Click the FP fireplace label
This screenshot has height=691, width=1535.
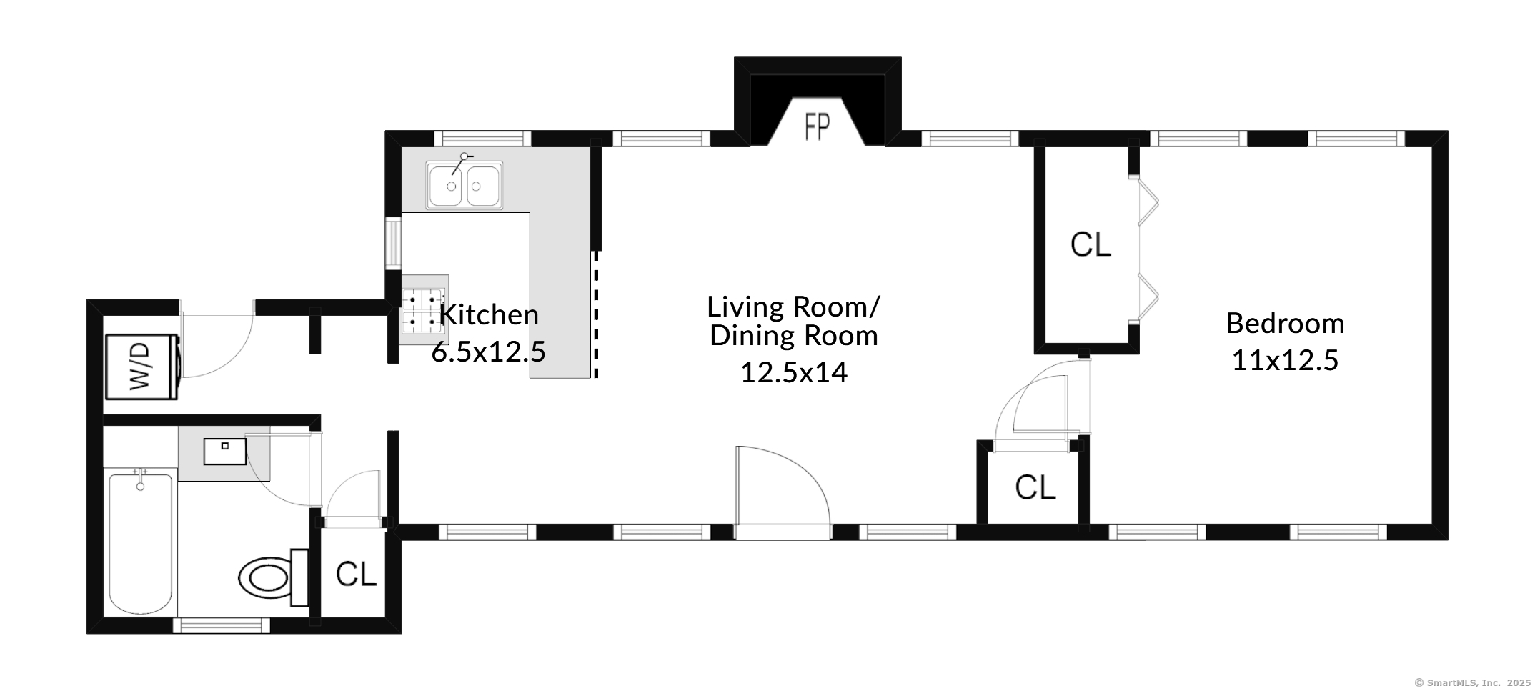[x=818, y=128]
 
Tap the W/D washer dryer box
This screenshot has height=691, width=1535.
[x=141, y=367]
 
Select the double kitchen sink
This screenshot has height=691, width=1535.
[x=465, y=185]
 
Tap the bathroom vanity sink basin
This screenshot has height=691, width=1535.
[x=224, y=451]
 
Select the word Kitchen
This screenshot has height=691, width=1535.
[x=489, y=315]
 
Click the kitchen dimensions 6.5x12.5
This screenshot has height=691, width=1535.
[x=489, y=352]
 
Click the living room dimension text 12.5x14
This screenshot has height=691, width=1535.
[x=793, y=372]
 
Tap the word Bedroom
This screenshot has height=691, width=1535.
[x=1285, y=324]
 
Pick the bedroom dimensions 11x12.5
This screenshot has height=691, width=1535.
[x=1285, y=360]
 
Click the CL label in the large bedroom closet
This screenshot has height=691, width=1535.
[x=1091, y=245]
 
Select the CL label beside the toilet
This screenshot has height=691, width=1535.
[x=356, y=574]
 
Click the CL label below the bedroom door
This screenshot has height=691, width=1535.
[x=1035, y=488]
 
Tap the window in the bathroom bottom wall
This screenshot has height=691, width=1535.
[x=222, y=625]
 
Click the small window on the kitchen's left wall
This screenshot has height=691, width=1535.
[x=393, y=243]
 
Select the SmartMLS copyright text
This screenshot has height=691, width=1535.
[x=1472, y=682]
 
